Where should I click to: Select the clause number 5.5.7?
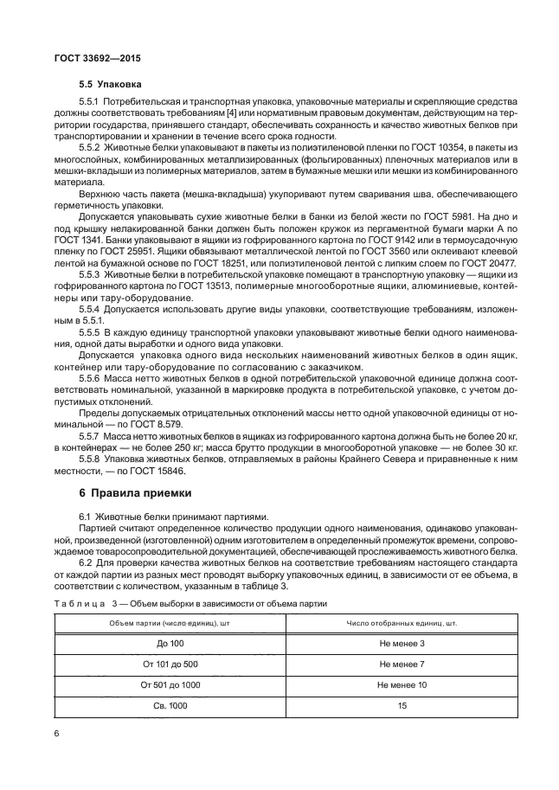point(93,437)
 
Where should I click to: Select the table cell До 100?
point(171,643)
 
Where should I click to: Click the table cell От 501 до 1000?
point(171,684)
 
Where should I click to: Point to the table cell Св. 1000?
point(171,705)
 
